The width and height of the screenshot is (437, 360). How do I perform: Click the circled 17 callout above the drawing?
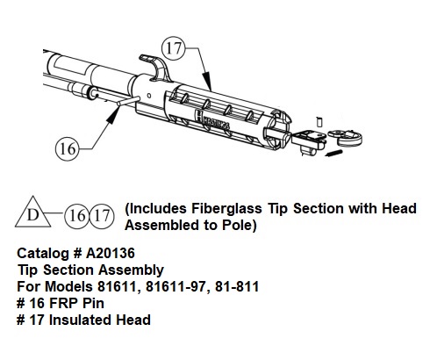[x=174, y=47]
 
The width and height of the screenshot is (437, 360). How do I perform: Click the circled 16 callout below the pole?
[x=68, y=149]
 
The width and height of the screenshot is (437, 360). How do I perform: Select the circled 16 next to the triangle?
[x=76, y=216]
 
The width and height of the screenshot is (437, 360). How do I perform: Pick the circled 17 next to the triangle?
[x=102, y=216]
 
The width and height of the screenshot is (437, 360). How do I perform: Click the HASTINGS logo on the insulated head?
[x=212, y=119]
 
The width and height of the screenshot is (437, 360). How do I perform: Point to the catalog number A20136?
[x=111, y=253]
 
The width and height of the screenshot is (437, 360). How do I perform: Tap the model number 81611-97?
[x=176, y=286]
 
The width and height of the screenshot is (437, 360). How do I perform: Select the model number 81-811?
[x=237, y=286]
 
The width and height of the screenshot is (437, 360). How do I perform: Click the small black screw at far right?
[x=333, y=153]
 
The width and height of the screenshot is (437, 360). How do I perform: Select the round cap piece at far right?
[x=346, y=137]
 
